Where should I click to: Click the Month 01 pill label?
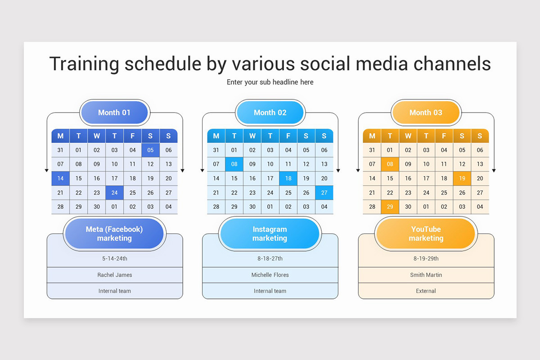click(x=114, y=112)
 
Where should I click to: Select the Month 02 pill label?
click(x=270, y=112)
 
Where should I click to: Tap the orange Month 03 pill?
click(x=426, y=112)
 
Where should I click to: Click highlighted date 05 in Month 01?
click(x=150, y=150)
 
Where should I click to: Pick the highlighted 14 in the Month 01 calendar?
click(x=60, y=178)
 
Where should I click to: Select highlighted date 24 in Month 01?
click(x=114, y=193)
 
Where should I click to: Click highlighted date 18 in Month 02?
click(x=288, y=178)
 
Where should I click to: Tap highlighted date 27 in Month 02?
click(x=324, y=193)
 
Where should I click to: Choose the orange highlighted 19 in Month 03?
click(x=462, y=178)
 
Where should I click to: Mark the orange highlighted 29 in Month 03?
click(x=390, y=207)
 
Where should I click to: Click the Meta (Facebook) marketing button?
click(x=114, y=234)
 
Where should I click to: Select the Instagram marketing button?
click(x=270, y=234)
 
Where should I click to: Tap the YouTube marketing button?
click(x=426, y=234)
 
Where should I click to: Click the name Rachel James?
click(x=115, y=275)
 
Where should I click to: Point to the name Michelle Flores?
click(x=270, y=275)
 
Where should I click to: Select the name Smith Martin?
click(x=426, y=275)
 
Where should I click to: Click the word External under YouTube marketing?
click(x=426, y=291)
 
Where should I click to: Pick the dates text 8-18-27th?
click(x=270, y=259)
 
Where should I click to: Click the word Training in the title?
click(x=84, y=64)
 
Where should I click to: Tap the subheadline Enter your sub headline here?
click(x=270, y=82)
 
